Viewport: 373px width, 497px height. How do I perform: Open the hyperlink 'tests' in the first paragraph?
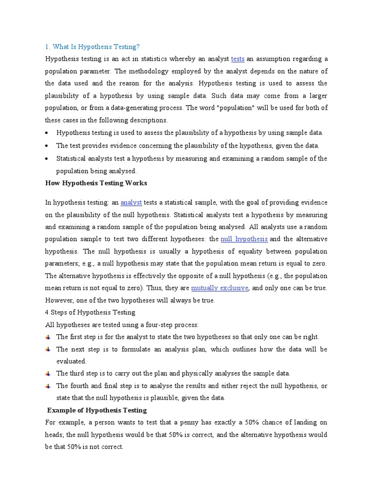pos(237,59)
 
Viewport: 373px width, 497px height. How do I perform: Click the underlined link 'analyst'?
pos(131,202)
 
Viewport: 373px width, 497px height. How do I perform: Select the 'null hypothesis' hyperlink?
pos(244,239)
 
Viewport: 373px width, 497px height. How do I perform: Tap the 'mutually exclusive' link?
pos(220,288)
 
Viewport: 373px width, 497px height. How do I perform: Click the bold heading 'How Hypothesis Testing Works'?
pos(96,183)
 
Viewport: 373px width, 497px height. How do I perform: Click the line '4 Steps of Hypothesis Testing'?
pos(90,312)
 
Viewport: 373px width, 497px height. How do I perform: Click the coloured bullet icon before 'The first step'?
pos(48,337)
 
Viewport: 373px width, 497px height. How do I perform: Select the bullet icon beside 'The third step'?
pos(48,374)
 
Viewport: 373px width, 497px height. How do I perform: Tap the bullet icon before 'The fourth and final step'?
pos(48,386)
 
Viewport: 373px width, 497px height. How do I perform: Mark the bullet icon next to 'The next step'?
pos(48,349)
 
